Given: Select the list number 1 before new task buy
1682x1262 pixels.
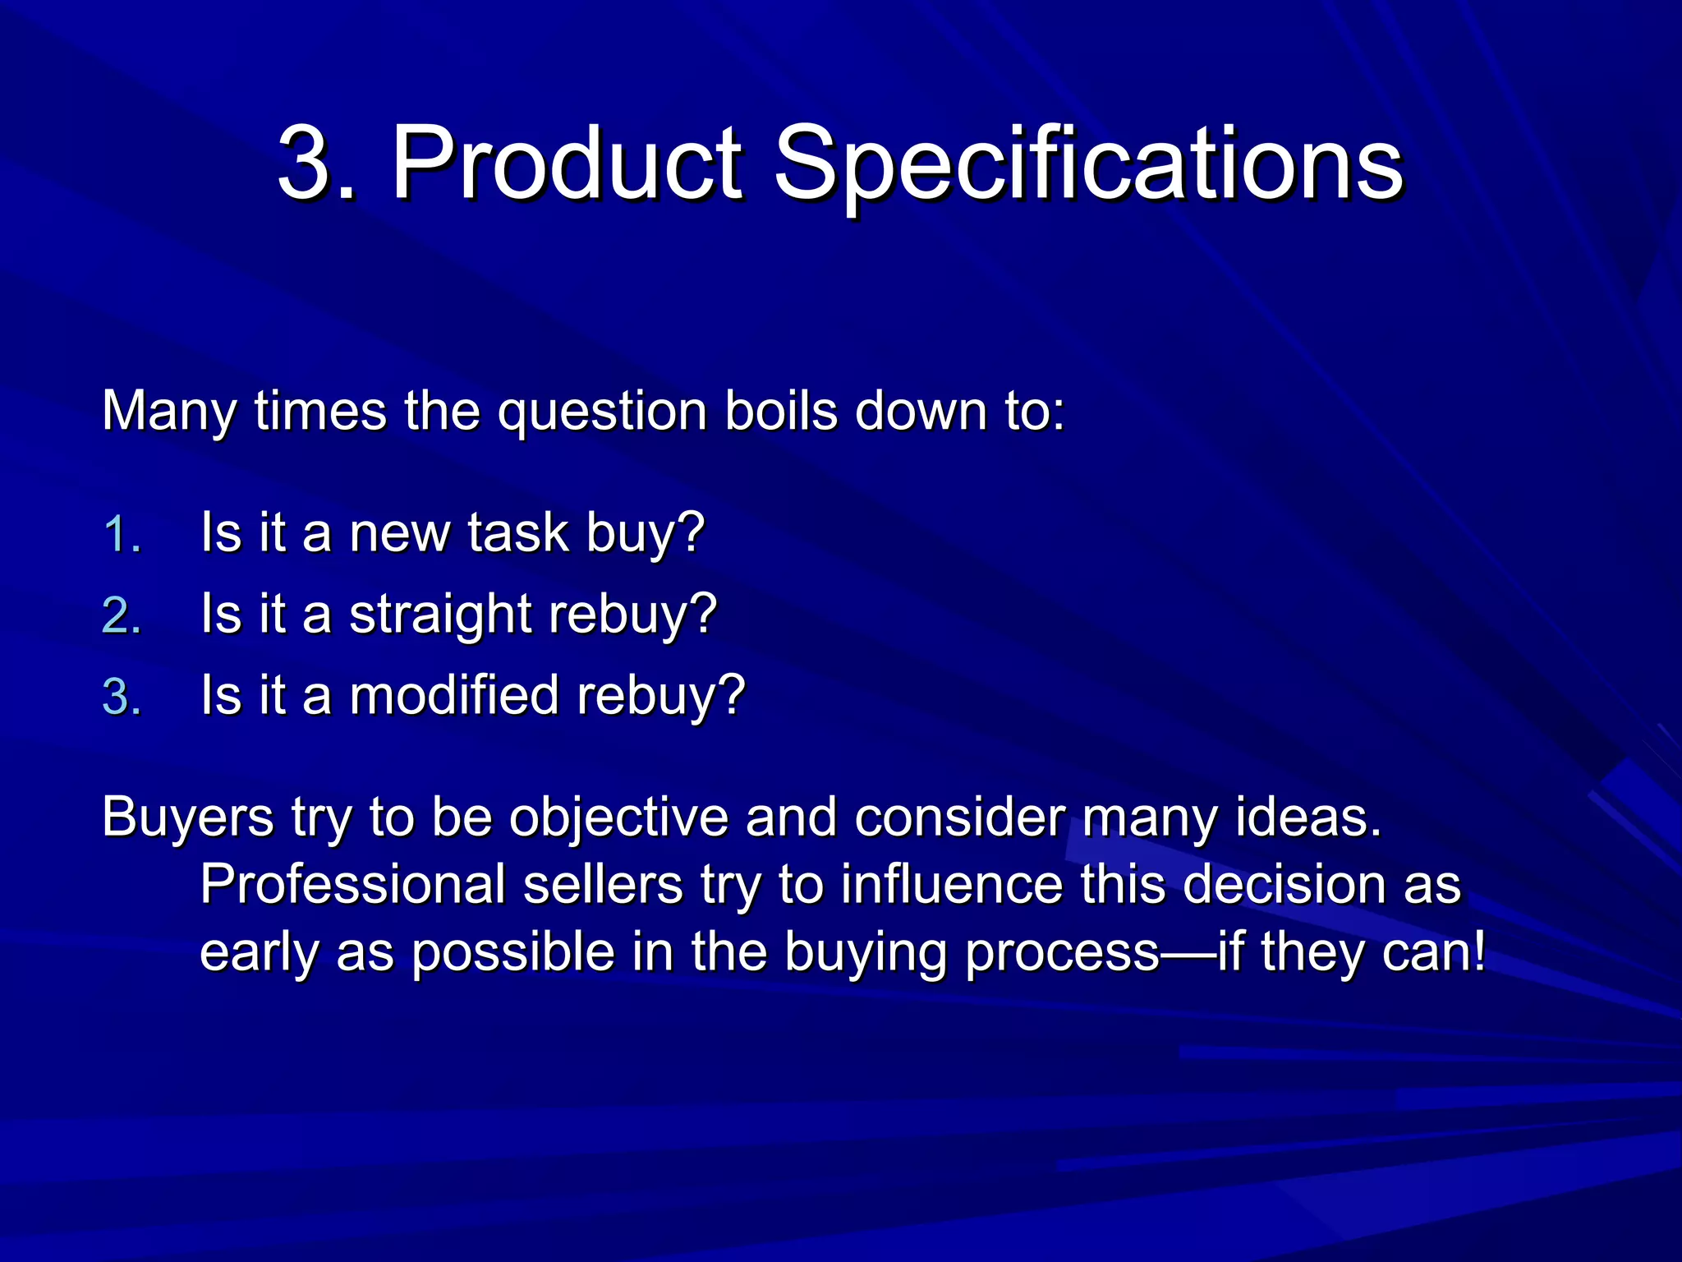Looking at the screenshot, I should click(x=122, y=535).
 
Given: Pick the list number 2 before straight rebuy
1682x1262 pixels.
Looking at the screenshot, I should click(x=122, y=615).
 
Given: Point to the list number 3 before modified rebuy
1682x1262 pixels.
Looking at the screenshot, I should click(x=122, y=697).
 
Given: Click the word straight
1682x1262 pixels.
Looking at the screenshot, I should click(x=440, y=615).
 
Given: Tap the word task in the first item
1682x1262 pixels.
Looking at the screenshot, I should click(x=518, y=533).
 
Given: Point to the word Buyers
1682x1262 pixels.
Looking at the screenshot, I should click(x=187, y=818).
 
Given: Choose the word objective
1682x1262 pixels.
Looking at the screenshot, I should click(x=618, y=818).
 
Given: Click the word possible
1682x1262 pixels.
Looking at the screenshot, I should click(x=512, y=953).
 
